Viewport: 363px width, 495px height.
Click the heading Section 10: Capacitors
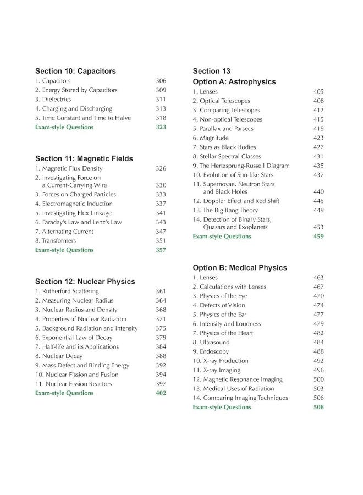click(75, 71)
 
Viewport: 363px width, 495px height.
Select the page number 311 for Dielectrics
click(161, 100)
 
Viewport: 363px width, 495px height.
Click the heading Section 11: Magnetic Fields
click(84, 158)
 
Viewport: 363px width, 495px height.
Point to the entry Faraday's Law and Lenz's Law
click(78, 222)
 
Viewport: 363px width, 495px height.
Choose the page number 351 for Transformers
click(161, 241)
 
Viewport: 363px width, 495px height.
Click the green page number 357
click(161, 250)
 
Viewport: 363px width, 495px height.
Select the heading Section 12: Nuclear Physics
click(85, 282)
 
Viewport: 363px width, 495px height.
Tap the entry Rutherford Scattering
click(67, 291)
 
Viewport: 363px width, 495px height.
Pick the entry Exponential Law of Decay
click(73, 338)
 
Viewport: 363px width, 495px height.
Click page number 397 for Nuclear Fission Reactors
click(161, 384)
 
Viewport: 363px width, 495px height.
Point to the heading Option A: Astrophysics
click(234, 82)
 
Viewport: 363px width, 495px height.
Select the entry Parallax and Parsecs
click(223, 129)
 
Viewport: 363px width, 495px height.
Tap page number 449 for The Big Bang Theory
click(318, 210)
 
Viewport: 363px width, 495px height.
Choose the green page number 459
click(318, 237)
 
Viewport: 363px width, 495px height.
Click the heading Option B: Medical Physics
click(239, 268)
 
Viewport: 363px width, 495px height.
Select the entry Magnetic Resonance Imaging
click(237, 380)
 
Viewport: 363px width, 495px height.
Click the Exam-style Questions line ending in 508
click(222, 408)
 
